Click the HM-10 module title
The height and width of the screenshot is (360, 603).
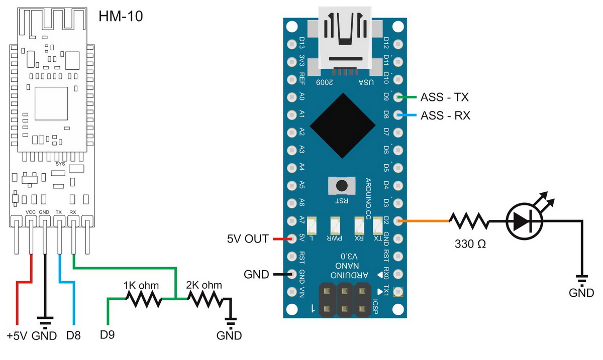[121, 17]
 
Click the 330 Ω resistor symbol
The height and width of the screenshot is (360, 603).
[468, 220]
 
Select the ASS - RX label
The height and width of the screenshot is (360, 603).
[445, 115]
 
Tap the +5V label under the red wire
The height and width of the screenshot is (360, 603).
[17, 335]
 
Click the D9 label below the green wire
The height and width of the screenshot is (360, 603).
[108, 335]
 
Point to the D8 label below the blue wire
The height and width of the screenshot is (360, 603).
[73, 335]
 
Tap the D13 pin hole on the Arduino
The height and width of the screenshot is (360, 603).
[291, 44]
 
